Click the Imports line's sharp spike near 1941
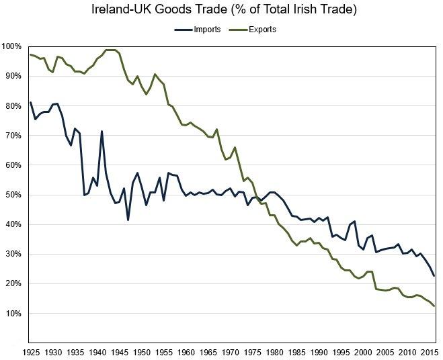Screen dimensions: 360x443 (102, 132)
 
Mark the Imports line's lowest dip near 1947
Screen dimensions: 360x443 (128, 220)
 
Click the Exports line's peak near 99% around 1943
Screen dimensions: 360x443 (110, 50)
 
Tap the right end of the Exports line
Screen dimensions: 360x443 (434, 306)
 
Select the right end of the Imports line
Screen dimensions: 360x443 (434, 275)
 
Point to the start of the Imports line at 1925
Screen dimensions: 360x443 (31, 103)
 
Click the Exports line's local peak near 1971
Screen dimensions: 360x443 (235, 147)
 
